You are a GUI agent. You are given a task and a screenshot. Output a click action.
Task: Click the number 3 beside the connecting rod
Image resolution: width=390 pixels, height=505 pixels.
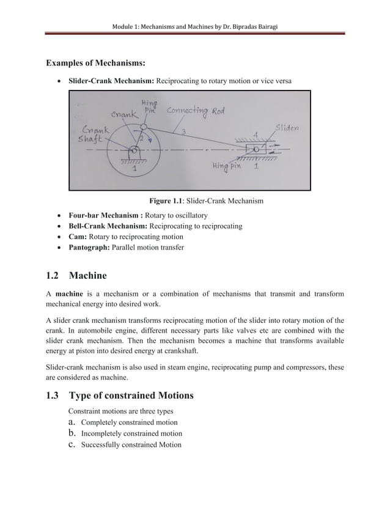[x=183, y=131]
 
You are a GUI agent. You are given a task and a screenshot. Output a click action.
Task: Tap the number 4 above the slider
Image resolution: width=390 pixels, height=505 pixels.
[x=256, y=133]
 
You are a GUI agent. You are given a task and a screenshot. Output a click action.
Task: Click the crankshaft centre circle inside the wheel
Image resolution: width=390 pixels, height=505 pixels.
[x=133, y=150]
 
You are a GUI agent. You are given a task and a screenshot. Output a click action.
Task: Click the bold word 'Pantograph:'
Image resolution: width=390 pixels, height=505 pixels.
[x=89, y=247]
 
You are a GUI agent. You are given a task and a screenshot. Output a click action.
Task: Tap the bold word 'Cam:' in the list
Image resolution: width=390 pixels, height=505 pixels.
[x=78, y=237]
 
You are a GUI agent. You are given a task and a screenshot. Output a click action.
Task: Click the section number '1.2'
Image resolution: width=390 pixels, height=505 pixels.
[x=54, y=275]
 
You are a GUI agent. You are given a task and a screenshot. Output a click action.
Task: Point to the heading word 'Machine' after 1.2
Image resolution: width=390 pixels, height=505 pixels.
[x=92, y=275]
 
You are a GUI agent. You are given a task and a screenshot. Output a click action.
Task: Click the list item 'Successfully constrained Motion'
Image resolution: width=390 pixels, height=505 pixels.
[x=131, y=444]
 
